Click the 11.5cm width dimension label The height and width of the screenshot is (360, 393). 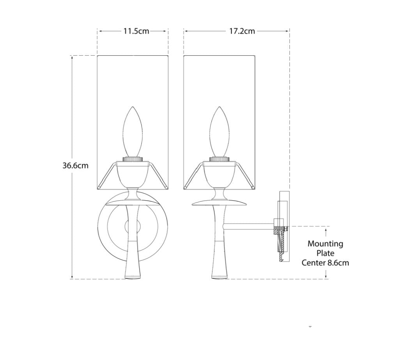click(x=136, y=31)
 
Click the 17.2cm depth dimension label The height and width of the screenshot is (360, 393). click(x=242, y=31)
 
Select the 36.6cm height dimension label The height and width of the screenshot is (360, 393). click(x=76, y=166)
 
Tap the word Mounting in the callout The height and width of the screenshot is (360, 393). click(x=325, y=244)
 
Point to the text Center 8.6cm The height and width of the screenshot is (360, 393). click(x=325, y=263)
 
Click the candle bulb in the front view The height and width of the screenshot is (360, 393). click(x=133, y=132)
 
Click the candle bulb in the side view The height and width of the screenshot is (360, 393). click(x=219, y=132)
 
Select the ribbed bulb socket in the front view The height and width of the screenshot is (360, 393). click(x=133, y=159)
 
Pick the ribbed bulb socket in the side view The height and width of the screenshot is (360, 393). click(x=219, y=159)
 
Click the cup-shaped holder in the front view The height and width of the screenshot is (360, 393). click(x=133, y=175)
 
